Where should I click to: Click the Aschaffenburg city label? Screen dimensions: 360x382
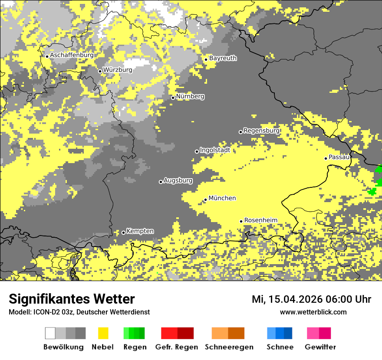[72, 56]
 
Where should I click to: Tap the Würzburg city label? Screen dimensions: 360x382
[118, 70]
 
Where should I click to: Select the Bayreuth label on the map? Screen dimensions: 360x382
[223, 58]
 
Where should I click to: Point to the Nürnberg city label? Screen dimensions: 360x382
[190, 97]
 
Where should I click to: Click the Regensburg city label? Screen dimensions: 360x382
[261, 131]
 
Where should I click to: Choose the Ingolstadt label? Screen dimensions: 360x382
[215, 150]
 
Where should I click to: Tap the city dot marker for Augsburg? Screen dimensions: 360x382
[161, 182]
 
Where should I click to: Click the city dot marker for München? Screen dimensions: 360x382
[206, 200]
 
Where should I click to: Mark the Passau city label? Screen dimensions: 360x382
[339, 157]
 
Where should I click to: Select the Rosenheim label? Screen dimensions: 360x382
[260, 220]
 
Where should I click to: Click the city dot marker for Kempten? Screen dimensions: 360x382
[123, 232]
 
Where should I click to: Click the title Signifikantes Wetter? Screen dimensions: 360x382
[72, 299]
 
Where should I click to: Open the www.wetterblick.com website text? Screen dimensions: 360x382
[313, 312]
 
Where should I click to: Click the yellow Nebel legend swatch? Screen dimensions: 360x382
[103, 333]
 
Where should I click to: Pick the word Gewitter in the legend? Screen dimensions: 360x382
[320, 347]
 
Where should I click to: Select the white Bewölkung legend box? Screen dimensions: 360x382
[50, 333]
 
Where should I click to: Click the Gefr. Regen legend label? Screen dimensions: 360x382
[176, 347]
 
